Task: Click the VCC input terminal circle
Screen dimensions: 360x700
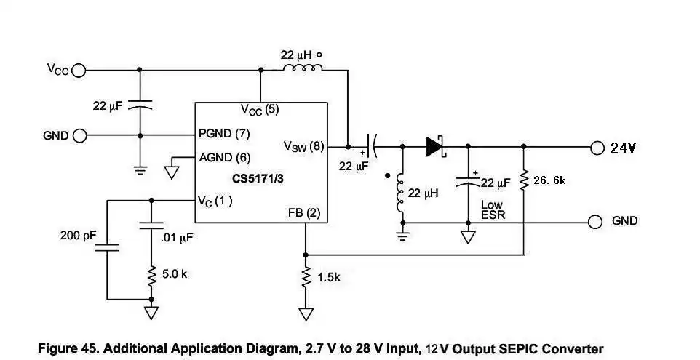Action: coord(79,71)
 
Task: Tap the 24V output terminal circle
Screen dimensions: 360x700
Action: coord(597,148)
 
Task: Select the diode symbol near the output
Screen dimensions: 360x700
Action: coord(435,148)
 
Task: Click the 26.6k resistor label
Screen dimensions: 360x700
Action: coord(549,180)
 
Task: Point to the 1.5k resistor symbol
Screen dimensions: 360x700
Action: coord(306,277)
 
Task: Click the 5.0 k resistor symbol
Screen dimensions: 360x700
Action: coord(151,276)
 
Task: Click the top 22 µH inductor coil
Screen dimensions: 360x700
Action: coord(301,70)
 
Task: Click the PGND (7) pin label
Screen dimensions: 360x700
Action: coord(224,135)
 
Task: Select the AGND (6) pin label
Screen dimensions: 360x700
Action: coord(224,157)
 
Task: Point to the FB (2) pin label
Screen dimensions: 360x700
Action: coord(303,213)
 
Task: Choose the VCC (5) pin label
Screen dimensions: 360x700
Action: coord(260,110)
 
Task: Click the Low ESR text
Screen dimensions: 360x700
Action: coord(493,211)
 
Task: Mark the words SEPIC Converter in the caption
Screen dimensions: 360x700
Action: coord(554,349)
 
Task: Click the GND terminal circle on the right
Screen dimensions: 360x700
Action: coord(597,221)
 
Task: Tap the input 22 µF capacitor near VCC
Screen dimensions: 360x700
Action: coord(140,105)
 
